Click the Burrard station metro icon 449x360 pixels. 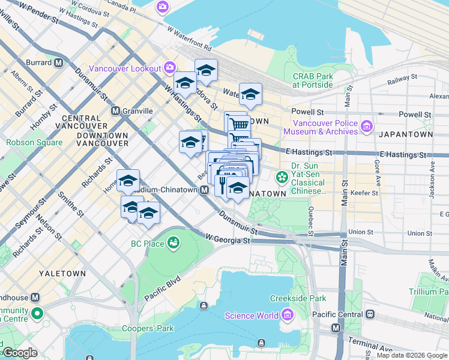coord(59,62)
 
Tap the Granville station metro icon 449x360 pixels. coord(116,110)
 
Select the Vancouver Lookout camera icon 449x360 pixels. coord(170,68)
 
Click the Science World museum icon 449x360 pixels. coord(286,316)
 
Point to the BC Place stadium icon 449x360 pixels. coord(173,243)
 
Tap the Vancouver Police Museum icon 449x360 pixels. coord(367,127)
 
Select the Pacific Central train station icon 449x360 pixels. coord(370,314)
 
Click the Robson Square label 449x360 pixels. coord(34,143)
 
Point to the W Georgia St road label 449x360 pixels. coord(228,239)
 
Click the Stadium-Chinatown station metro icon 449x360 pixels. coord(204,190)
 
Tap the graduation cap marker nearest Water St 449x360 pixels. coord(250,94)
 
